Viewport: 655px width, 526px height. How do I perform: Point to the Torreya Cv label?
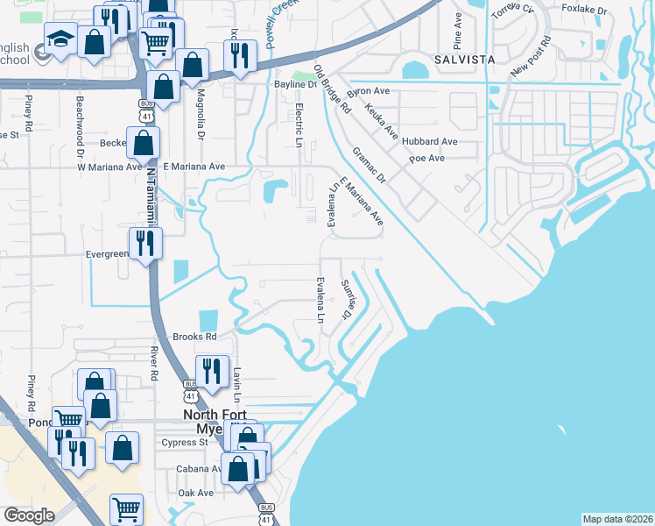click(512, 11)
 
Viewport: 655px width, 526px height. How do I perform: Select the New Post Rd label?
click(532, 55)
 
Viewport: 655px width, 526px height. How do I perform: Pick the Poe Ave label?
click(427, 158)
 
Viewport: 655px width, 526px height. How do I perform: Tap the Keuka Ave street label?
click(382, 123)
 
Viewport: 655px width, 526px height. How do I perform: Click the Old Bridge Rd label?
click(333, 90)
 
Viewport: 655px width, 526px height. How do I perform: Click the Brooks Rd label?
click(194, 337)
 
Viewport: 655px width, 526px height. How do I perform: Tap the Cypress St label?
click(184, 443)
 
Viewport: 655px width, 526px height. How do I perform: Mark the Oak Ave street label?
click(196, 494)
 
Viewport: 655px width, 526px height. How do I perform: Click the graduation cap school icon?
click(61, 39)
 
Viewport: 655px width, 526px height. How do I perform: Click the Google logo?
click(29, 515)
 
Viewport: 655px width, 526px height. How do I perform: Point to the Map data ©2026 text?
click(617, 519)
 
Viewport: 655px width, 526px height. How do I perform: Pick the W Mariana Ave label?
click(109, 166)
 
